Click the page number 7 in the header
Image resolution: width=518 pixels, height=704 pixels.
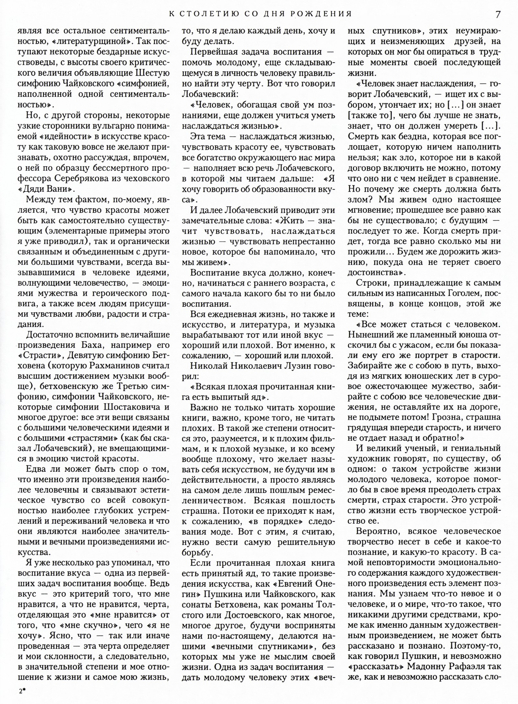[498, 14]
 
